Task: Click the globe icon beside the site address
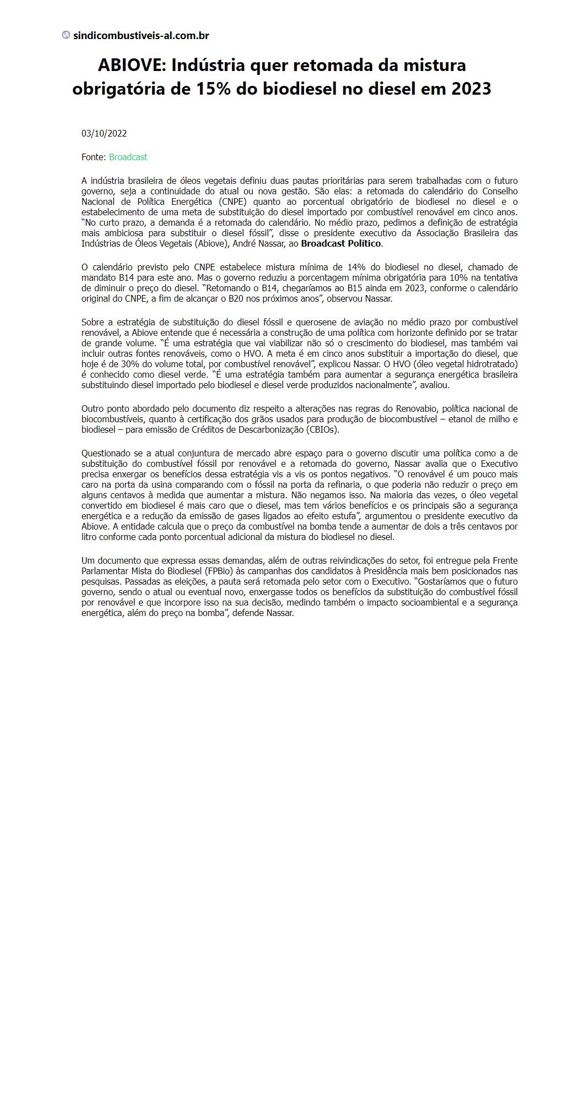66,35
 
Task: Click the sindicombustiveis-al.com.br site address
141,36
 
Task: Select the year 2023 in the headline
471,89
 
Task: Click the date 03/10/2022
104,133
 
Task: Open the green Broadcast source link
128,157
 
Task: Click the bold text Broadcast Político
341,243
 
